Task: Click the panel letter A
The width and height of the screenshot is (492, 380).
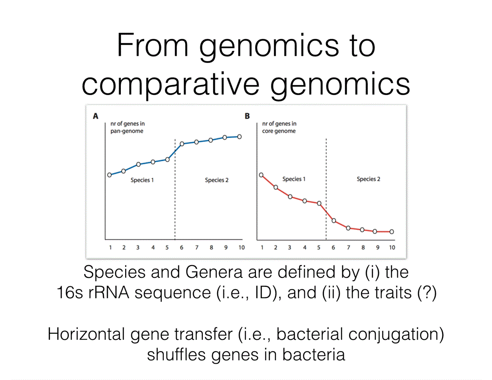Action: click(x=95, y=116)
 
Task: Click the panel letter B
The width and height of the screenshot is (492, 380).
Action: click(x=247, y=116)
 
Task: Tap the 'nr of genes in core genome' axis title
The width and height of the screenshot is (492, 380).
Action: click(x=279, y=127)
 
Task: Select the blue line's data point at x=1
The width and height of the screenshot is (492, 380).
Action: click(x=109, y=175)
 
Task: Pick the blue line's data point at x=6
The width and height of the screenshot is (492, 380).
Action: click(x=182, y=144)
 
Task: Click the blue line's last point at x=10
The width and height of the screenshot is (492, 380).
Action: click(x=240, y=137)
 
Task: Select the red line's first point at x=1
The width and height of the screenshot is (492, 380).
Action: click(x=261, y=175)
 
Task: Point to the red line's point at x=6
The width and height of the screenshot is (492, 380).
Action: click(x=334, y=220)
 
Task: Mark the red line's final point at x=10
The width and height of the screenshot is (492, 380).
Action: click(x=391, y=232)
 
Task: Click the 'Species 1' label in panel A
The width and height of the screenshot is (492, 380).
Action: click(x=142, y=180)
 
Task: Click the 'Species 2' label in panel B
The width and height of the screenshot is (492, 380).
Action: click(x=368, y=179)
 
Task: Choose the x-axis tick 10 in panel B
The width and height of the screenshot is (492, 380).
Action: click(x=391, y=248)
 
